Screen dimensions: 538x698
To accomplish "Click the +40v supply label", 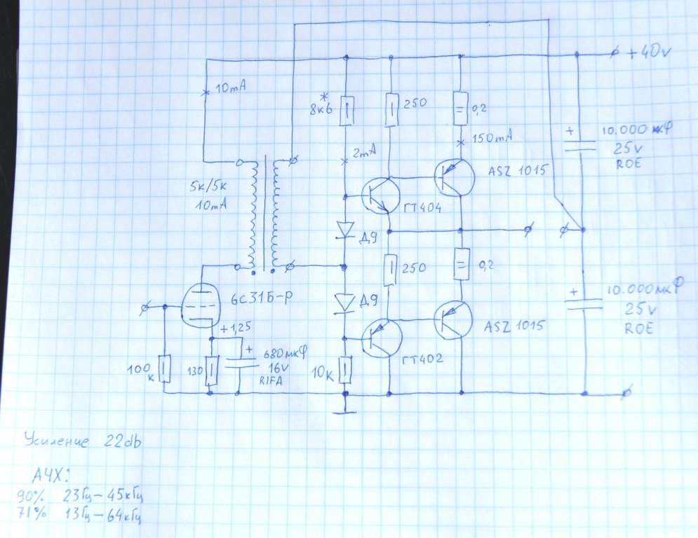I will coord(650,53).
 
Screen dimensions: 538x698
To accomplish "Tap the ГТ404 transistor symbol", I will coord(380,194).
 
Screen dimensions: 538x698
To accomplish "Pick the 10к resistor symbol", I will coord(344,370).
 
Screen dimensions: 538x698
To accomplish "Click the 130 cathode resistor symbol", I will coord(213,370).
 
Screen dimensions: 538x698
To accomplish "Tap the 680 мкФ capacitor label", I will coord(285,354).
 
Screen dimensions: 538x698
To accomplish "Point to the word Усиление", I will coord(57,441).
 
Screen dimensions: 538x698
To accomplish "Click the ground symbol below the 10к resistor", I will coord(344,411).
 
